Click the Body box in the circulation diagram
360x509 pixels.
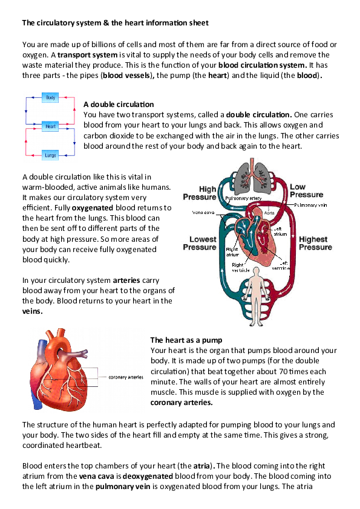click(51, 97)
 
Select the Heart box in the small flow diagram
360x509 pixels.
click(51, 126)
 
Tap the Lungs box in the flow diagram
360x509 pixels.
click(51, 155)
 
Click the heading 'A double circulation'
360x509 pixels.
click(119, 105)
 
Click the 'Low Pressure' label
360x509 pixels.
click(306, 191)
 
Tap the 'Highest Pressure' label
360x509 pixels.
click(315, 244)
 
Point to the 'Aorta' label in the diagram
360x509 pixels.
click(269, 214)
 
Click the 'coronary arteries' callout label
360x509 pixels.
click(125, 377)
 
